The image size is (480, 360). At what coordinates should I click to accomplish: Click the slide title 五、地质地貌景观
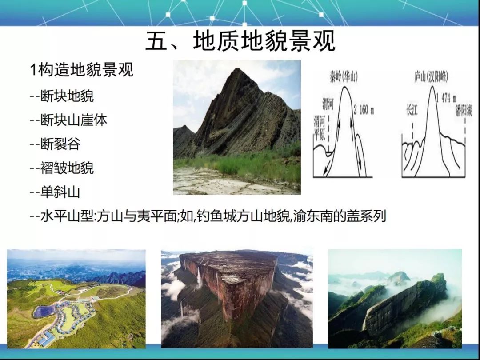click(x=240, y=41)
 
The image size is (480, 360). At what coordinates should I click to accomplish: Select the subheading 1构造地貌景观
click(x=82, y=69)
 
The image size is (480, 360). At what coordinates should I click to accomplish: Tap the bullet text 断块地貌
click(x=67, y=96)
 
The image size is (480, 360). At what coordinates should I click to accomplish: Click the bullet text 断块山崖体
click(x=74, y=120)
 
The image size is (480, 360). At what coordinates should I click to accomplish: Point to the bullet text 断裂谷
click(x=60, y=144)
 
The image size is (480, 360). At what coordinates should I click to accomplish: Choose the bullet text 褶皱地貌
click(x=67, y=168)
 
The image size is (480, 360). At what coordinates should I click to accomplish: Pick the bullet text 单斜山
click(x=60, y=192)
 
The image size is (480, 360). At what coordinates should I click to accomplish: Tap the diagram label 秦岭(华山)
click(x=344, y=77)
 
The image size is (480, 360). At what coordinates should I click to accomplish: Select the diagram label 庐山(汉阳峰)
click(x=431, y=77)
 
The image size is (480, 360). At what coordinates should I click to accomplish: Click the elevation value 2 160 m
click(x=364, y=110)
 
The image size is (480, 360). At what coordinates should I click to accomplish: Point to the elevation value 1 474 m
click(x=446, y=98)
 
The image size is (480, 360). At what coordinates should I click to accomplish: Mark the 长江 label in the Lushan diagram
click(x=412, y=110)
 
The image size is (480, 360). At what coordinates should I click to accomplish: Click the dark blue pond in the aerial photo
click(x=45, y=311)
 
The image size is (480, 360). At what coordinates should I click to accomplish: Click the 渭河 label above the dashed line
click(x=328, y=104)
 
